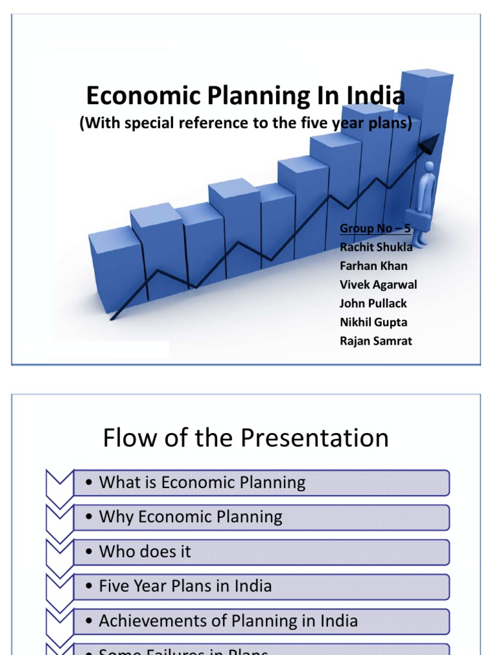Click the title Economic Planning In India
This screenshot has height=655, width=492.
(245, 97)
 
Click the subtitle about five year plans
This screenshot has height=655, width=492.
(245, 123)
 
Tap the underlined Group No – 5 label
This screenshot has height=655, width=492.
(375, 228)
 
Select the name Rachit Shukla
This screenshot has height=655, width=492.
(376, 247)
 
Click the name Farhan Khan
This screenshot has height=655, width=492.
(373, 265)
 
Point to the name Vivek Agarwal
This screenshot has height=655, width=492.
(379, 285)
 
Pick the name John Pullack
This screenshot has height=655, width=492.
(373, 303)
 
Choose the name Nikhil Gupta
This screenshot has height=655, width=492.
(373, 322)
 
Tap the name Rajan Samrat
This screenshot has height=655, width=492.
(376, 341)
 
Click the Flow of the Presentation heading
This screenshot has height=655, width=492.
(245, 438)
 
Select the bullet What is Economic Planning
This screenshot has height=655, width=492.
(202, 482)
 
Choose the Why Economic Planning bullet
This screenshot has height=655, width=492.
(191, 517)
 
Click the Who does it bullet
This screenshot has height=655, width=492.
(145, 551)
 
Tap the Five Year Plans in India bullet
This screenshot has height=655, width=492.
(185, 586)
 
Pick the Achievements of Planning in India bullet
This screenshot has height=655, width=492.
(228, 620)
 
